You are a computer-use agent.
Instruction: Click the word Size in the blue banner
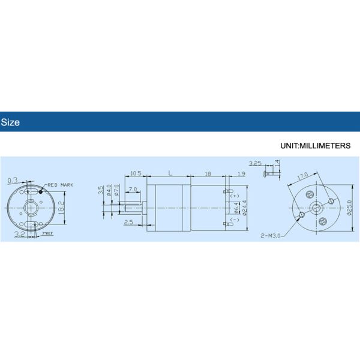(x=10, y=122)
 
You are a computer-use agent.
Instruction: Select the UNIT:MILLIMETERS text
(x=315, y=146)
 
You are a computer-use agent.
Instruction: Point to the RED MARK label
(x=60, y=185)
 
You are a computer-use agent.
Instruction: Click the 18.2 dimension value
(x=61, y=208)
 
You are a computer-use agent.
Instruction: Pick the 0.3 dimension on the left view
(x=12, y=180)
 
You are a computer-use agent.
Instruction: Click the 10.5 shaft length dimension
(x=135, y=173)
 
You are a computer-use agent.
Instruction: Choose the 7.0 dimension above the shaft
(x=133, y=189)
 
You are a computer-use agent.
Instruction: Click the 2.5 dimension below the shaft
(x=128, y=223)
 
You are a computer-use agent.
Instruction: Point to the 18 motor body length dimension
(x=207, y=173)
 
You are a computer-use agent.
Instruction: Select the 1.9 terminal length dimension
(x=241, y=173)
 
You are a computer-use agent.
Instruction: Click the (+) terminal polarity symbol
(x=235, y=196)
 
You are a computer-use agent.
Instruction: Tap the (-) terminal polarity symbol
(x=235, y=220)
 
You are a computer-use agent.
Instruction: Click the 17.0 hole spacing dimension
(x=302, y=176)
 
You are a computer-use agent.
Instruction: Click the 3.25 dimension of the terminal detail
(x=255, y=163)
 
